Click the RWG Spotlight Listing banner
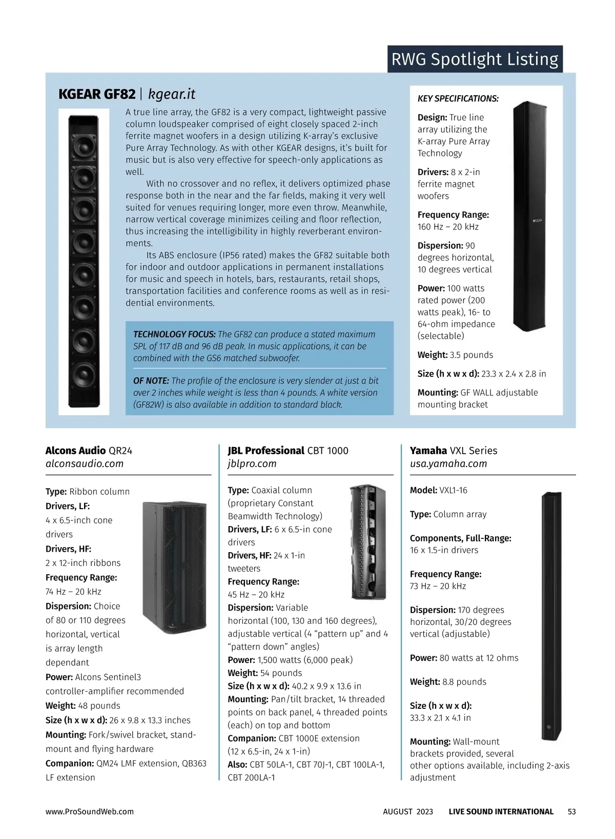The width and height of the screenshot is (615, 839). [x=475, y=59]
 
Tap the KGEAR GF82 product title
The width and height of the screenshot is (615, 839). [x=97, y=94]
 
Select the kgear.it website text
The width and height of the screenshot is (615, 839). [x=172, y=94]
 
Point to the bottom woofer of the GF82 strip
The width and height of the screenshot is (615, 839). [x=84, y=375]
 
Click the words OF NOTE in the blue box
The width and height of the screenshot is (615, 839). [x=151, y=381]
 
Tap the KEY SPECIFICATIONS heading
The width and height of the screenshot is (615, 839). [x=458, y=99]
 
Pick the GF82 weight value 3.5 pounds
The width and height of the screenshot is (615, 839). [x=471, y=355]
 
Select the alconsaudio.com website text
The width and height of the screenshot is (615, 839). [x=85, y=464]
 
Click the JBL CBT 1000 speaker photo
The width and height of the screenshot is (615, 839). [x=368, y=542]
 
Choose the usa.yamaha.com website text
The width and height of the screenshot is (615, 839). [x=448, y=464]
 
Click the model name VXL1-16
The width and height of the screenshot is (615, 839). [x=453, y=490]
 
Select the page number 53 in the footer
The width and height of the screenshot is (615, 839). [x=571, y=812]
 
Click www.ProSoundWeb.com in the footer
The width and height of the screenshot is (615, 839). [x=90, y=812]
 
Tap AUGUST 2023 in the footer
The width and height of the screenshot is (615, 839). [x=408, y=812]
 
